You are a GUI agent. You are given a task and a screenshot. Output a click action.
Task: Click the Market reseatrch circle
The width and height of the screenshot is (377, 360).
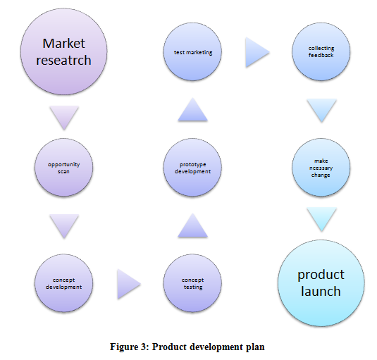63,51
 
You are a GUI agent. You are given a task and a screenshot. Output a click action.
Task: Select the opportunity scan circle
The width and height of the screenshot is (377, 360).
63,167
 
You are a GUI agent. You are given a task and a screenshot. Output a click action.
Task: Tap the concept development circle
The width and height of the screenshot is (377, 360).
63,283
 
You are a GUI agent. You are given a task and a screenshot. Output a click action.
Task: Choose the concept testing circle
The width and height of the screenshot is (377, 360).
192,283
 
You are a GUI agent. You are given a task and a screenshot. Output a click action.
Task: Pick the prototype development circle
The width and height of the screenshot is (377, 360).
192,167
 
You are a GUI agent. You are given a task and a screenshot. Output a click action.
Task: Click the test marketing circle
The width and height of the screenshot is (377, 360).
192,51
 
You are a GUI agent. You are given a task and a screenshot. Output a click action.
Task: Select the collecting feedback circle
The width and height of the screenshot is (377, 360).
321,51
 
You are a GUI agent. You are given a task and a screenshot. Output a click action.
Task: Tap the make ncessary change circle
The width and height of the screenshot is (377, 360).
321,167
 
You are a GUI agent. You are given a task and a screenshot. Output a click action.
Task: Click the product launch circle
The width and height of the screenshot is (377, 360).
321,283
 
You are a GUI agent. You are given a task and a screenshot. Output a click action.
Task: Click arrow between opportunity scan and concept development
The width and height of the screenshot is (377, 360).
64,226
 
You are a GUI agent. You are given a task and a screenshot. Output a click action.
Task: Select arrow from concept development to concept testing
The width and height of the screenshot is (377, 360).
129,284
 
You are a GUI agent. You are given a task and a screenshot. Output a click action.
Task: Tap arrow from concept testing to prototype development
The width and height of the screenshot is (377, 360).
192,225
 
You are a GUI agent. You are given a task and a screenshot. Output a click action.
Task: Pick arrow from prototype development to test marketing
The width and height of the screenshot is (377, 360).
192,109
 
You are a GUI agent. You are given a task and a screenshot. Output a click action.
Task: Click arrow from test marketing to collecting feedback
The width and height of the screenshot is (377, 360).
257,52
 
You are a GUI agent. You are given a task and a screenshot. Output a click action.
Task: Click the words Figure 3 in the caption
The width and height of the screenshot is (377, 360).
130,347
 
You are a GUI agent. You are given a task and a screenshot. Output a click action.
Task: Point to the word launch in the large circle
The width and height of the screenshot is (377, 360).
321,291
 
